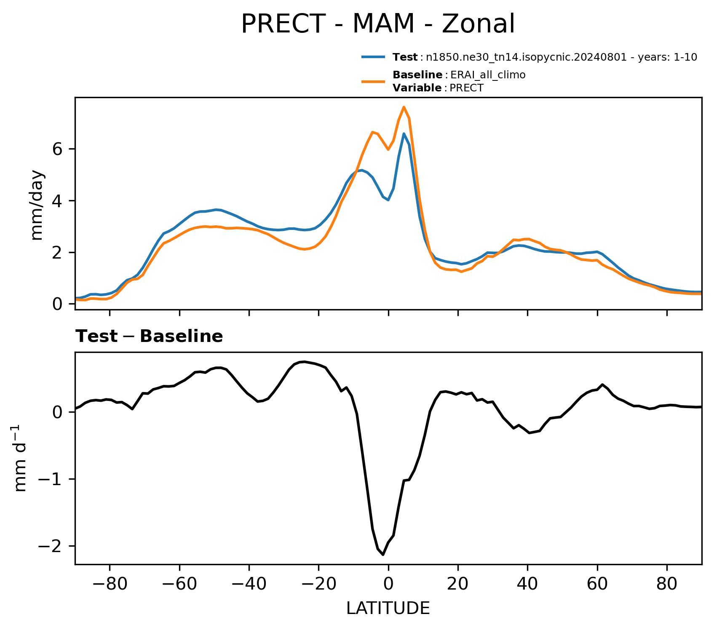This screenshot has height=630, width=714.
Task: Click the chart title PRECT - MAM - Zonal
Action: (x=378, y=24)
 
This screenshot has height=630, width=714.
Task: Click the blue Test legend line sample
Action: (x=373, y=57)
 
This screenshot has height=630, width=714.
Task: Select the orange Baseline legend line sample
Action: (x=373, y=81)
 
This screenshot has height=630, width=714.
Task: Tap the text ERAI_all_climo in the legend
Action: (x=488, y=75)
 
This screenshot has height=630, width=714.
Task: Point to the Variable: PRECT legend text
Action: (x=438, y=88)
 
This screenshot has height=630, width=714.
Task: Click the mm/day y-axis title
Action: (x=37, y=205)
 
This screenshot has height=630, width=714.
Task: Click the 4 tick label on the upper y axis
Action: (x=58, y=201)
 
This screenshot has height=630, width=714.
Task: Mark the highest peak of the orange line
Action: (x=404, y=107)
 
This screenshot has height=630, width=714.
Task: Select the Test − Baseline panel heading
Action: (x=149, y=336)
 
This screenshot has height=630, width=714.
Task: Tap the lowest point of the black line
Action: (x=383, y=555)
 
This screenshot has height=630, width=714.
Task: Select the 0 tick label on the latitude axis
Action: (x=388, y=584)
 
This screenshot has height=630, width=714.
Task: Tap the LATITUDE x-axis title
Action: (x=388, y=609)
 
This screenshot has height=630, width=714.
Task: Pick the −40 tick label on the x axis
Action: (x=249, y=584)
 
